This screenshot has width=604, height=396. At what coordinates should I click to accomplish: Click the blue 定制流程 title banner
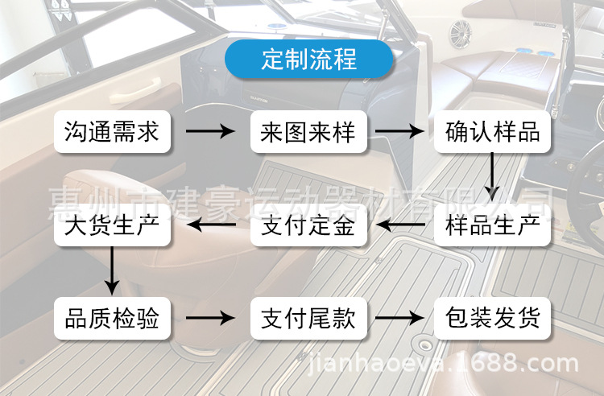point(308,60)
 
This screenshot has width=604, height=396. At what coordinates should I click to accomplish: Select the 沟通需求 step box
point(112,131)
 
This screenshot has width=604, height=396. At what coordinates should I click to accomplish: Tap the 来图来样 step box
point(308,131)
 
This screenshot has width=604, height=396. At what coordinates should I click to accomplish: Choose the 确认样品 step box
point(492,131)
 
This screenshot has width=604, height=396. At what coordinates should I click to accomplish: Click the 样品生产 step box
point(492,225)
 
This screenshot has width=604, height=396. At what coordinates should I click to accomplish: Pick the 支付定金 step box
point(308,225)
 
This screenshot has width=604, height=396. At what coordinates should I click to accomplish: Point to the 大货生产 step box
point(112,225)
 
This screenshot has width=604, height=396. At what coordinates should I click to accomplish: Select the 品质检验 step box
point(112,319)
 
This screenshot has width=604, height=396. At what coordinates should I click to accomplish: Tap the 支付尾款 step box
point(308,319)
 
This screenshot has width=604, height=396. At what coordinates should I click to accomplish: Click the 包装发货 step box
point(492,319)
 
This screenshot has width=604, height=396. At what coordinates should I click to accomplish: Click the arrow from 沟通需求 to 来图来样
point(210,131)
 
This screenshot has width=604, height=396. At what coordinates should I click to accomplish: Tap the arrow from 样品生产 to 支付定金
point(400,225)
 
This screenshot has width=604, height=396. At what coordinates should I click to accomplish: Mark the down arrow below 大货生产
point(113,271)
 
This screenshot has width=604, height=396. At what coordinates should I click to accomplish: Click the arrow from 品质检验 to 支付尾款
point(210,319)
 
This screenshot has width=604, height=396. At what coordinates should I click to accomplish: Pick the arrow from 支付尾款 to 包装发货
point(399,319)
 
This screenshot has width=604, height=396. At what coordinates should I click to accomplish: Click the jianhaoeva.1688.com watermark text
point(445,365)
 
